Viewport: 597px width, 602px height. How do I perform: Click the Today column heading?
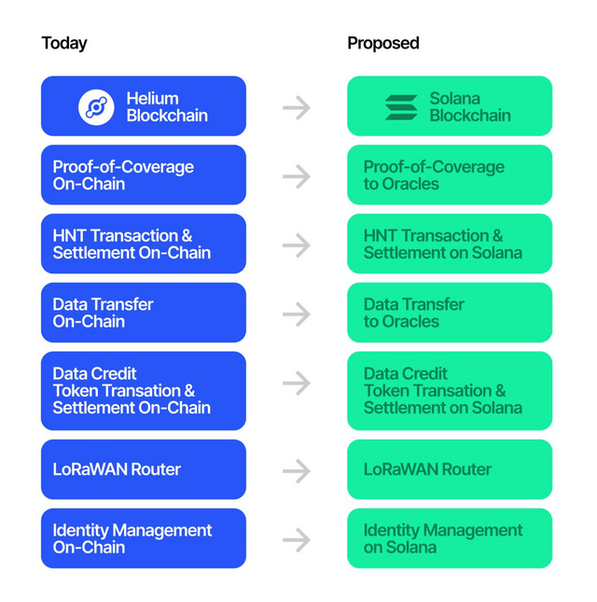click(x=64, y=43)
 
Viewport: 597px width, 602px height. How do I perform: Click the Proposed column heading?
click(x=382, y=43)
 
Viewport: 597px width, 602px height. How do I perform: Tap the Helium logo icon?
click(x=96, y=107)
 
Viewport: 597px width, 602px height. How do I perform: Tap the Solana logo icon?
click(x=401, y=107)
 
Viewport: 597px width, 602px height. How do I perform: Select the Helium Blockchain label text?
click(x=167, y=107)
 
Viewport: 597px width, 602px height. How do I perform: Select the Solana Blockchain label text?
click(x=470, y=107)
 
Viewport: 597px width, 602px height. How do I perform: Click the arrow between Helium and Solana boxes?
click(x=297, y=107)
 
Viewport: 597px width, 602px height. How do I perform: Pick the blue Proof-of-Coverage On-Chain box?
click(x=144, y=175)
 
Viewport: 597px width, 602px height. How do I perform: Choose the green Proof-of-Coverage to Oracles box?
click(x=450, y=175)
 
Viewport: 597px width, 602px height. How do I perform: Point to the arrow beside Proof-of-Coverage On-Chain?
click(x=297, y=176)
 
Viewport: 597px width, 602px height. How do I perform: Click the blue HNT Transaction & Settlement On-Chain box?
click(x=144, y=244)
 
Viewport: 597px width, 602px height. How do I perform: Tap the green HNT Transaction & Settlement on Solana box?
click(x=450, y=244)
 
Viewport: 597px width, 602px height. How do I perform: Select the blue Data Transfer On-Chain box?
click(x=144, y=313)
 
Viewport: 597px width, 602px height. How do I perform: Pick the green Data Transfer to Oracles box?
click(x=450, y=313)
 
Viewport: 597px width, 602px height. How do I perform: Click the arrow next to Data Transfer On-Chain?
click(x=297, y=314)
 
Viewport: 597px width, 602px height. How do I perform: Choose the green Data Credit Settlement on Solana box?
click(x=450, y=391)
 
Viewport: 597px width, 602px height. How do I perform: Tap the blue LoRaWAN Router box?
click(x=144, y=469)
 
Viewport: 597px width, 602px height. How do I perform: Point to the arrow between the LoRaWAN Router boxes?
click(x=297, y=470)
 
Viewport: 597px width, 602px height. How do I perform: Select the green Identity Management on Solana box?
click(x=450, y=539)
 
